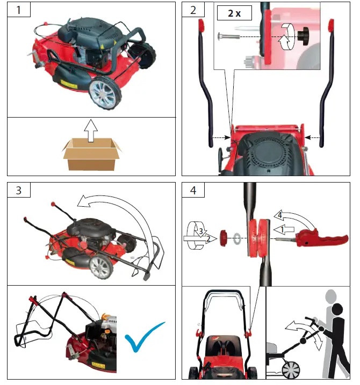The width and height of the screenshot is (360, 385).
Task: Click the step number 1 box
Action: [x=19, y=10]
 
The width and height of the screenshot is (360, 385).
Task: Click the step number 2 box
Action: [x=193, y=10]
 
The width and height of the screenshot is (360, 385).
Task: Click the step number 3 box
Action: [x=19, y=190]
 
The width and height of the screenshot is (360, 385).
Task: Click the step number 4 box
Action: [x=193, y=190]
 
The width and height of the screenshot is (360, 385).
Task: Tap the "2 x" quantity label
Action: [x=234, y=14]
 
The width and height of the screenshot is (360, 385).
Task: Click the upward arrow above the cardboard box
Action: [x=90, y=130]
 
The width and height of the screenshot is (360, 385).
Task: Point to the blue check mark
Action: [x=145, y=337]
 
